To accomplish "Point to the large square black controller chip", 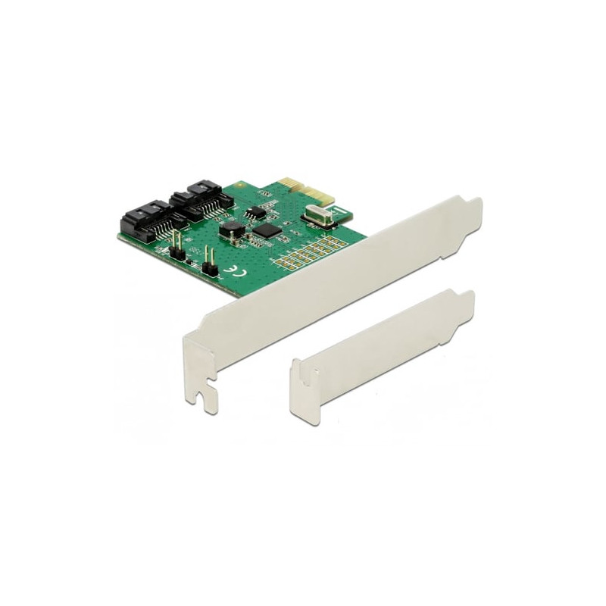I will pyautogui.click(x=265, y=230).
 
